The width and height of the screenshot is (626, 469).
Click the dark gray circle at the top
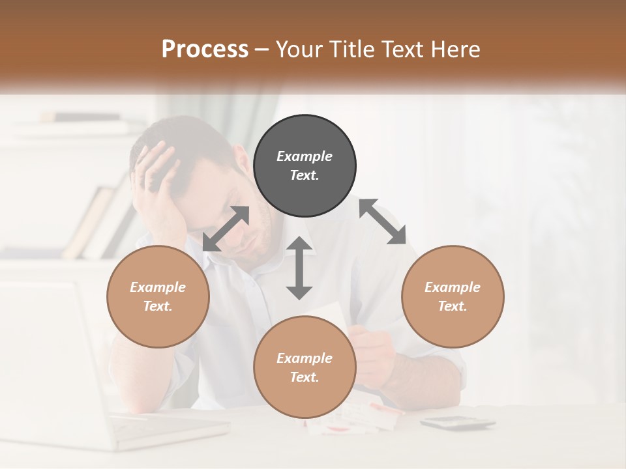[x=305, y=166]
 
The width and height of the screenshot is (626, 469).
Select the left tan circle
[x=158, y=296]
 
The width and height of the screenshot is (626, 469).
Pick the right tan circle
[x=453, y=296]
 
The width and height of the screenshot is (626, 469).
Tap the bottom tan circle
[x=305, y=367]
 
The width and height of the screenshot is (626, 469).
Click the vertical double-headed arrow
[x=299, y=268]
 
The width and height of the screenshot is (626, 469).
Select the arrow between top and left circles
[x=226, y=228]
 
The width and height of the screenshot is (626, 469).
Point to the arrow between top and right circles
[x=383, y=221]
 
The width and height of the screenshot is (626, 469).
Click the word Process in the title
[x=205, y=49]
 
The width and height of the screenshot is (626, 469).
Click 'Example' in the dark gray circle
[x=305, y=156]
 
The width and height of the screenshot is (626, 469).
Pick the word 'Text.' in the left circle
[x=158, y=306]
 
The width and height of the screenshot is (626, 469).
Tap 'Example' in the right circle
[x=453, y=287]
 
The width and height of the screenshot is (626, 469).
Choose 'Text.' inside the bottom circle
[x=305, y=377]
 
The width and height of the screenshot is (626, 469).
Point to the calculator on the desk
[x=457, y=423]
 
